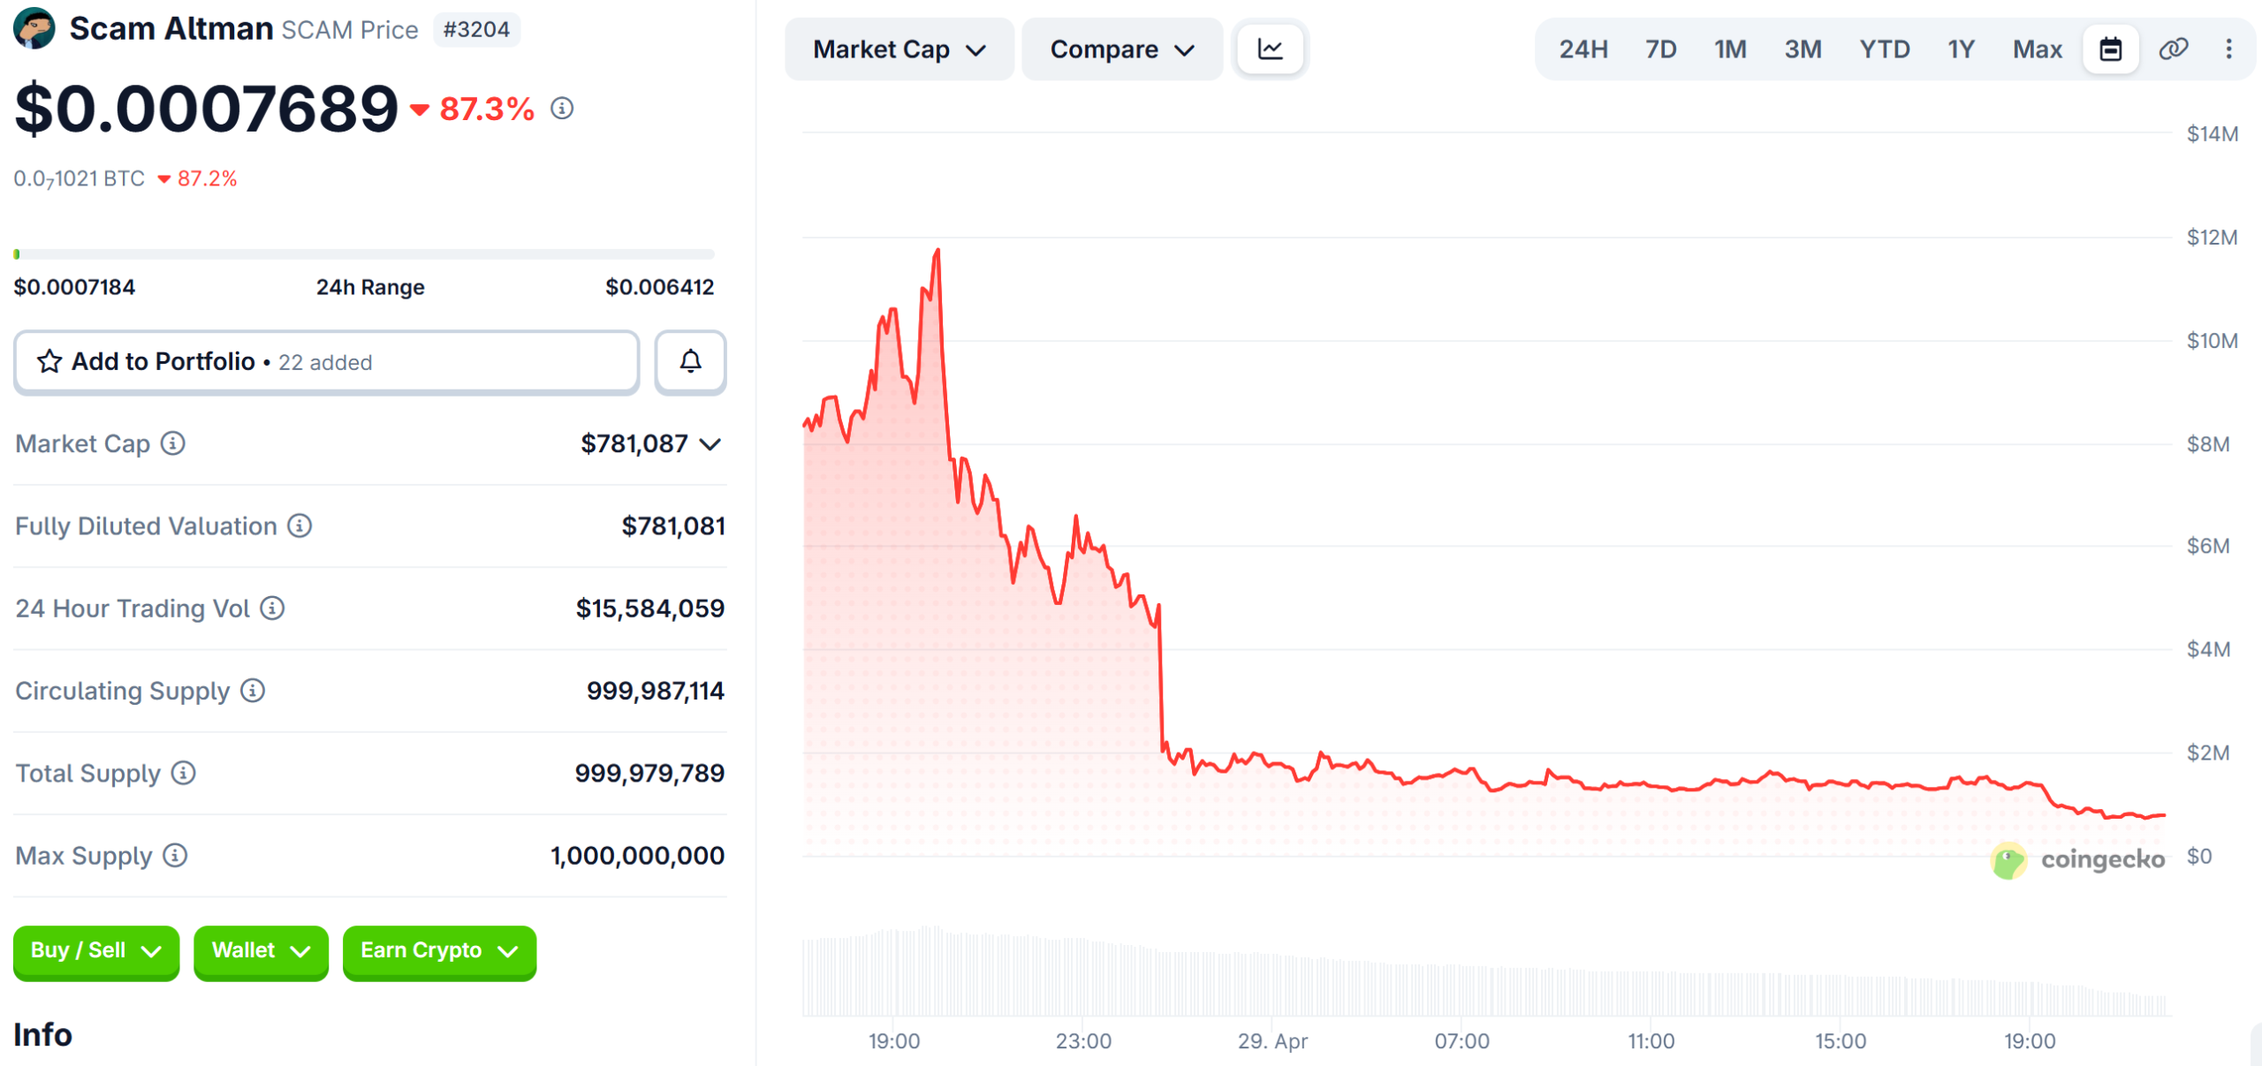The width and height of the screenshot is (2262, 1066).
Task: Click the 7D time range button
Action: [x=1660, y=49]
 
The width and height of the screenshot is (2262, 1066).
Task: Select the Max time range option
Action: [x=2037, y=49]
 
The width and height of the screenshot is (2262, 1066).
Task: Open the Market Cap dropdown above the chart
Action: [x=899, y=49]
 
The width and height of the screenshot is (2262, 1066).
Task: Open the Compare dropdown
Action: [x=1121, y=49]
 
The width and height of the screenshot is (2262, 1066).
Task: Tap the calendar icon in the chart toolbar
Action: [x=2110, y=49]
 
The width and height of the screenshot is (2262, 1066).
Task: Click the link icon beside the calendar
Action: [x=2173, y=49]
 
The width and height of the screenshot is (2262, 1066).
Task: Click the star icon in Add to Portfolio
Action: [x=49, y=361]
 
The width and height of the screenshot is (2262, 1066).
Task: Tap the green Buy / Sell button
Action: [x=95, y=951]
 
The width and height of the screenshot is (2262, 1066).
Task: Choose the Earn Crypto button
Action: [x=438, y=951]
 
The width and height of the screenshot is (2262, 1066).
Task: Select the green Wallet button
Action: [x=261, y=951]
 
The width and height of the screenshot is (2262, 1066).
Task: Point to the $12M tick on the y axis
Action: [x=2212, y=238]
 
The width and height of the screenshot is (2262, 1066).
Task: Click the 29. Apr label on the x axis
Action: [x=1272, y=1041]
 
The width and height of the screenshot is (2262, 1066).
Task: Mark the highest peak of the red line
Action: [x=937, y=251]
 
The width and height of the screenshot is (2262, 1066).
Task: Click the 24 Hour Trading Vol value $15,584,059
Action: [x=649, y=609]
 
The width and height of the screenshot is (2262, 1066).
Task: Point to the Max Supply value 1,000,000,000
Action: [x=637, y=856]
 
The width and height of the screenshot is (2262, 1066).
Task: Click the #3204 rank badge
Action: [x=476, y=30]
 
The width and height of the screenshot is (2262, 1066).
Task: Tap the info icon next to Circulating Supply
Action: [x=253, y=691]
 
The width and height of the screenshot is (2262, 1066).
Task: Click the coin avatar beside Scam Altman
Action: [x=34, y=28]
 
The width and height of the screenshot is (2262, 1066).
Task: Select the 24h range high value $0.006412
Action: [x=659, y=287]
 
